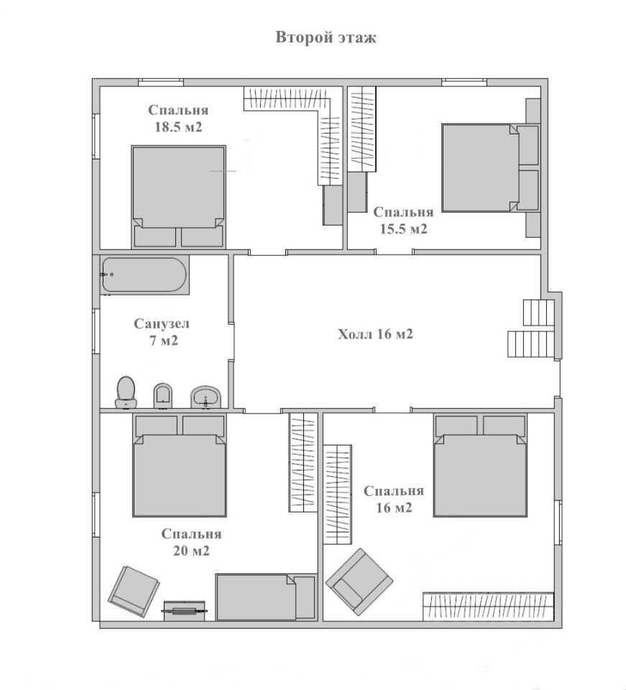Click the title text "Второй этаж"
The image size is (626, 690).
tap(326, 37)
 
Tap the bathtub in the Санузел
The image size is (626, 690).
tap(144, 275)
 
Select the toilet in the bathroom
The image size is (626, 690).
tap(126, 392)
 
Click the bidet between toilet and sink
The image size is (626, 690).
tap(162, 395)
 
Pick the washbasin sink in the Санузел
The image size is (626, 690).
tap(206, 397)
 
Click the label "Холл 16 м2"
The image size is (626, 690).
tap(375, 334)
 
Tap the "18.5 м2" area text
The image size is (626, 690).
tap(178, 127)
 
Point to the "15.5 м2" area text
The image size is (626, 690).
tap(403, 229)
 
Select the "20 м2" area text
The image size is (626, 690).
tap(191, 551)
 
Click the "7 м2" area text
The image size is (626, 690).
tap(163, 341)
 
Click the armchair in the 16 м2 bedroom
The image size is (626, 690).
tap(359, 581)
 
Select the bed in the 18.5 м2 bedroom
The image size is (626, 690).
tap(179, 197)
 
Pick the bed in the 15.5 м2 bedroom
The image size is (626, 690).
tap(490, 167)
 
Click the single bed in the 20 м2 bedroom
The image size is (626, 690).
tap(266, 597)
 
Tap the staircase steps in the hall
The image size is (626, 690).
tap(531, 328)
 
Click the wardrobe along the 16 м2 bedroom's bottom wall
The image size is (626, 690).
tap(488, 607)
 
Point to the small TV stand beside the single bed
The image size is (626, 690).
tap(184, 610)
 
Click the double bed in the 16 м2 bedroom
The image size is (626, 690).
tap(480, 466)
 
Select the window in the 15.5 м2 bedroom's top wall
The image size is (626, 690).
tap(464, 82)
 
